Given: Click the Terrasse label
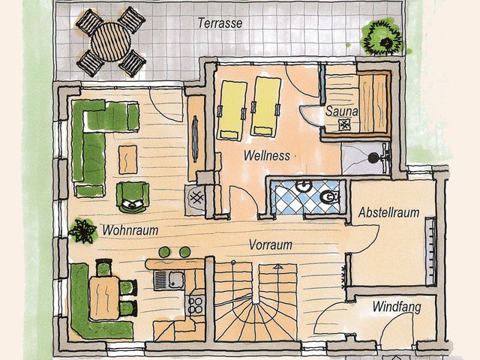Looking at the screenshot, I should [x=220, y=23].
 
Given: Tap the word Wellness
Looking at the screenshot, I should [x=266, y=156].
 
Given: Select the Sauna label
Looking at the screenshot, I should [x=342, y=112].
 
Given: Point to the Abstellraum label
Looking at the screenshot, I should [x=388, y=212].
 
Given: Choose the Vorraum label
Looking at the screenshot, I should [x=271, y=244].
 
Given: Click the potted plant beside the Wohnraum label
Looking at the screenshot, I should [x=82, y=229].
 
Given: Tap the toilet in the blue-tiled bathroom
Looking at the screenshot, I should [x=327, y=196].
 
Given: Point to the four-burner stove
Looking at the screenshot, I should [x=196, y=304].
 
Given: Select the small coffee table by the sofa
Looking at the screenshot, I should [x=128, y=157].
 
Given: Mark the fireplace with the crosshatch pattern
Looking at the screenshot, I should [x=198, y=199].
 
